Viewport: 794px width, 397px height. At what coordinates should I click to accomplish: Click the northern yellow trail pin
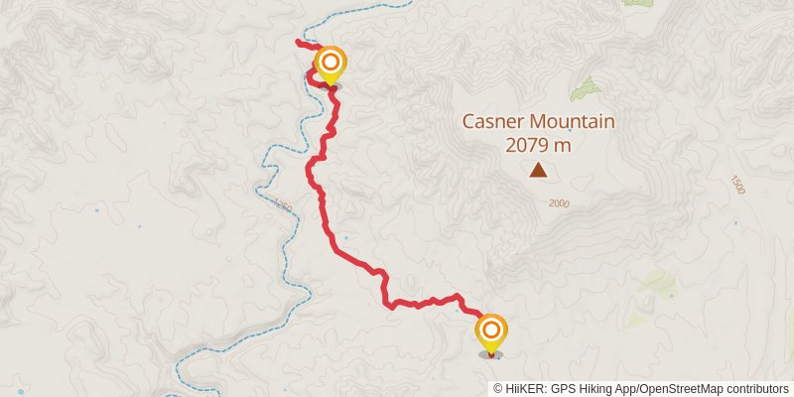point(330,65)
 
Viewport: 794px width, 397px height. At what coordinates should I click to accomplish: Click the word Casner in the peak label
point(493,122)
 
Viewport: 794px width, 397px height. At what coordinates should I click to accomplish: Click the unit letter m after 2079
point(565,145)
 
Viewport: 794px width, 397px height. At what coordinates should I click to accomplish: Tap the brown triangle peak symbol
point(538,171)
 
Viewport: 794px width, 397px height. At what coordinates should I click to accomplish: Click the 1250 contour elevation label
point(283,206)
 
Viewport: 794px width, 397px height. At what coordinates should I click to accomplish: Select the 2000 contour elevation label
point(559,202)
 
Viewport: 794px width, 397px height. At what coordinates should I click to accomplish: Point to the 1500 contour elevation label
point(735,185)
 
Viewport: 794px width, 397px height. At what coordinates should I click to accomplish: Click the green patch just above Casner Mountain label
point(586,89)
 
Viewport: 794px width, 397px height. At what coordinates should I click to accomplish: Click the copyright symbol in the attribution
point(498,388)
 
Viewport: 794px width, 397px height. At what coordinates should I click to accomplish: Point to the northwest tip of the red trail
point(298,42)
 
